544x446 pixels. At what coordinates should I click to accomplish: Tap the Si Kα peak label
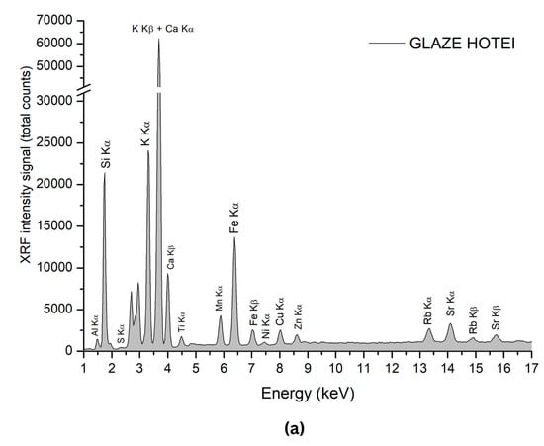click(x=106, y=155)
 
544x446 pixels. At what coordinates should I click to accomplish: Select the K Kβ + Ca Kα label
click(x=163, y=28)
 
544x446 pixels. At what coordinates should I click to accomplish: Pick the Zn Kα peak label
click(x=297, y=316)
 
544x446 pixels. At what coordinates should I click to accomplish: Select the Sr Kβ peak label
click(x=496, y=316)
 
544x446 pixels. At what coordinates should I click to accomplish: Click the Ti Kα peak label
click(x=182, y=322)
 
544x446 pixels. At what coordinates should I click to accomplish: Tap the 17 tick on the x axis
click(x=531, y=368)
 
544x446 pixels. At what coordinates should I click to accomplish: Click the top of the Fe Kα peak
click(x=234, y=237)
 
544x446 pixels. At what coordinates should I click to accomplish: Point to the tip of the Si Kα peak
click(x=105, y=174)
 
